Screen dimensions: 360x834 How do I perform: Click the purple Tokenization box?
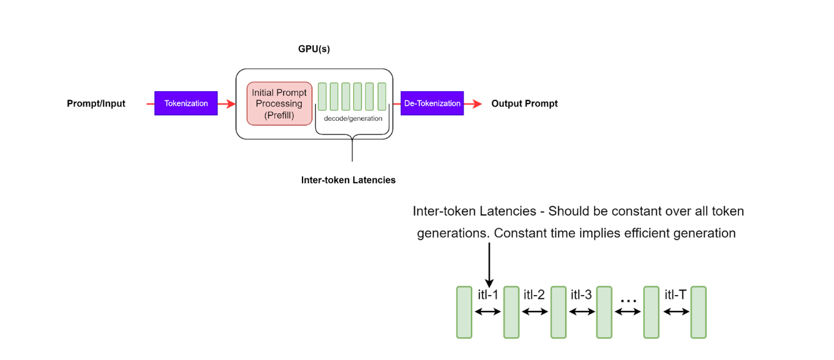click(186, 103)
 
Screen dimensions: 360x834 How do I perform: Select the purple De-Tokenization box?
click(432, 103)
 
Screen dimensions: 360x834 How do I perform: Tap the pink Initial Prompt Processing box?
click(279, 103)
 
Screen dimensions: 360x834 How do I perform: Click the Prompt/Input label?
click(96, 103)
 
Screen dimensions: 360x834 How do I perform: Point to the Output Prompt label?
click(524, 103)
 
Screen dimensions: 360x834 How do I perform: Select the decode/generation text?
click(353, 118)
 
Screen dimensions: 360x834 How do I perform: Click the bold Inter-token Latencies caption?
click(348, 180)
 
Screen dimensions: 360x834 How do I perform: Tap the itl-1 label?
click(488, 295)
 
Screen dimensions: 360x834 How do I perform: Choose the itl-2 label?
click(534, 295)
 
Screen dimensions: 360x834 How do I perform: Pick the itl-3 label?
click(581, 295)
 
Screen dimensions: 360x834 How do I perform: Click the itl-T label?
click(675, 295)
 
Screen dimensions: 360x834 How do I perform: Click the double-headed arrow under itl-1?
click(488, 312)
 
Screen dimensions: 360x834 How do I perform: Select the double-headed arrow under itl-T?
click(675, 312)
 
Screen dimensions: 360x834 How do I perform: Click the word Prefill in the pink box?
click(279, 115)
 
